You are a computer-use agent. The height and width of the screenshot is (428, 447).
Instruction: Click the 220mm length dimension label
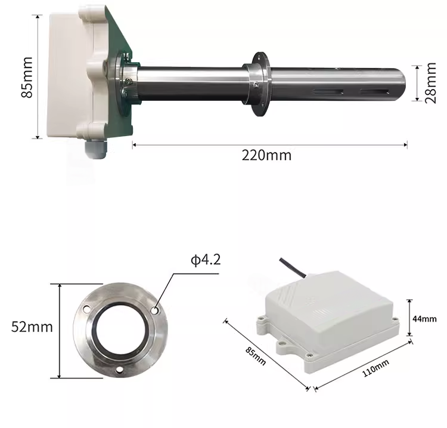(266, 156)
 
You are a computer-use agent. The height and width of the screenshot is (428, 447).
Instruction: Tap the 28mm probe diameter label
(430, 83)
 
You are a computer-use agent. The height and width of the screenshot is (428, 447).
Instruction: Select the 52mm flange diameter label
(32, 327)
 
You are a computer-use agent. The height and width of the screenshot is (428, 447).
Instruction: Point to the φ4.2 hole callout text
(206, 260)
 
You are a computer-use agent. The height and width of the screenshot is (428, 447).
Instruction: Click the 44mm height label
(424, 319)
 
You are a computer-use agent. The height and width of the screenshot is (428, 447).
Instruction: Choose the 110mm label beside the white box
(375, 368)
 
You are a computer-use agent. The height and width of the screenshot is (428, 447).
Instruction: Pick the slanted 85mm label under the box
(256, 356)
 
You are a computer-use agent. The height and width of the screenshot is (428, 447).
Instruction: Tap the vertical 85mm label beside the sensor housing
(27, 77)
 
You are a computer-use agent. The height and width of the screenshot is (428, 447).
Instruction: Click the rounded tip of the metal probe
(402, 85)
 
